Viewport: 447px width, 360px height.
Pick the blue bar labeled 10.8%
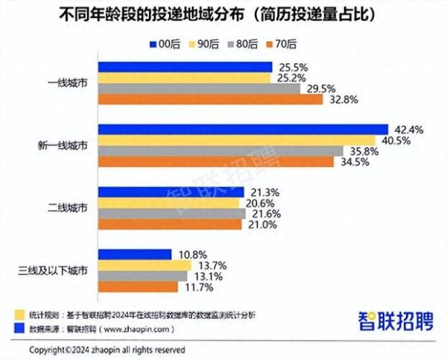point(135,254)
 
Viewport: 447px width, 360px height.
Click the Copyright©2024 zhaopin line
point(107,349)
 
